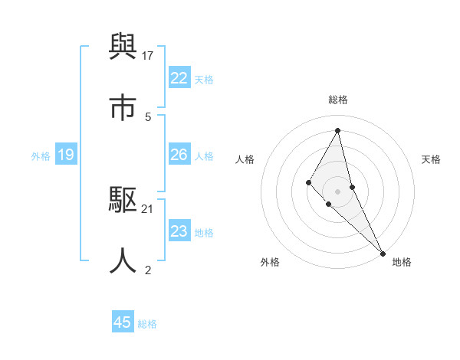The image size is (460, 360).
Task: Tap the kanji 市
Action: pyautogui.click(x=123, y=108)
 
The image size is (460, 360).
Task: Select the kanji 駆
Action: pyautogui.click(x=123, y=201)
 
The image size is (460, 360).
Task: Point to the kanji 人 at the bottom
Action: pyautogui.click(x=123, y=260)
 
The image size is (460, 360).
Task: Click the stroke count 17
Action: pyautogui.click(x=149, y=56)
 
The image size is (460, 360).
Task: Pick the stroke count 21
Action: pyautogui.click(x=149, y=208)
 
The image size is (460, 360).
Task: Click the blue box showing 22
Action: pyautogui.click(x=179, y=78)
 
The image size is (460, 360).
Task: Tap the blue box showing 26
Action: pyautogui.click(x=179, y=155)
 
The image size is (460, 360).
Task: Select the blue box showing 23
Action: pyautogui.click(x=179, y=231)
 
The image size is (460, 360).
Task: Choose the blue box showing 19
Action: pyautogui.click(x=65, y=155)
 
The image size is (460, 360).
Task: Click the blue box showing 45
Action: pyautogui.click(x=122, y=322)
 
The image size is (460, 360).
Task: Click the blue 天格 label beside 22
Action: pyautogui.click(x=204, y=79)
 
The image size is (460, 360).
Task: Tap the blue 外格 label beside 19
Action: pyautogui.click(x=41, y=156)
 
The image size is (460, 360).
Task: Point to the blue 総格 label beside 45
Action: pyautogui.click(x=147, y=324)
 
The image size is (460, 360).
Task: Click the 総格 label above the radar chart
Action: pyautogui.click(x=337, y=100)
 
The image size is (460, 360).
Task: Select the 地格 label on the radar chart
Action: pyautogui.click(x=402, y=262)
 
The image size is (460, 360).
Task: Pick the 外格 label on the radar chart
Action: pyautogui.click(x=270, y=262)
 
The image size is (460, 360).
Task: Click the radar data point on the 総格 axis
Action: pyautogui.click(x=337, y=129)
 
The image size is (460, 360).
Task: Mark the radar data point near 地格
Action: pyautogui.click(x=382, y=253)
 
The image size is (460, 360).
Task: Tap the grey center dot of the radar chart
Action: pyautogui.click(x=337, y=191)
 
